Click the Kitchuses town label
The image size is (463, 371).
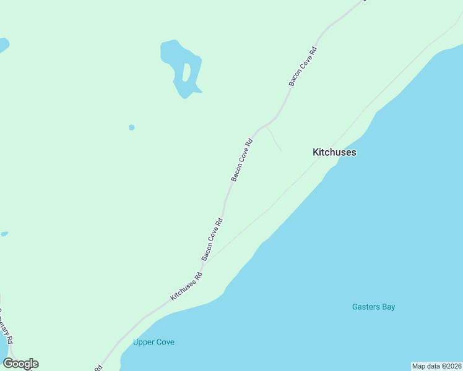pyautogui.click(x=334, y=152)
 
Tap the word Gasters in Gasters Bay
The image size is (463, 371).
pyautogui.click(x=366, y=307)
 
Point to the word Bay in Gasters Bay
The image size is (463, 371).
pyautogui.click(x=388, y=307)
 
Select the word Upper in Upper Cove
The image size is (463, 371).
pyautogui.click(x=144, y=342)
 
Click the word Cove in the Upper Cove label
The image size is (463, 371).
pyautogui.click(x=165, y=342)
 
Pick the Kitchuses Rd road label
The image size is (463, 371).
pyautogui.click(x=186, y=287)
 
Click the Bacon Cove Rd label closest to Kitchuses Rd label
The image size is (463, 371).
pyautogui.click(x=212, y=239)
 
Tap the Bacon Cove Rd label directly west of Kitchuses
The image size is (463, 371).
pyautogui.click(x=242, y=160)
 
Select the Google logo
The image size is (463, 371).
pyautogui.click(x=20, y=364)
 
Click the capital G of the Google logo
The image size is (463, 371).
pyautogui.click(x=8, y=364)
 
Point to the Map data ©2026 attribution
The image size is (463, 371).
pyautogui.click(x=436, y=365)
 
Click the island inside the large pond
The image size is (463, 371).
pyautogui.click(x=186, y=72)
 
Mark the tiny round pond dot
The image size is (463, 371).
pyautogui.click(x=131, y=127)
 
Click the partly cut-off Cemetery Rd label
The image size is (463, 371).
pyautogui.click(x=6, y=325)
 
